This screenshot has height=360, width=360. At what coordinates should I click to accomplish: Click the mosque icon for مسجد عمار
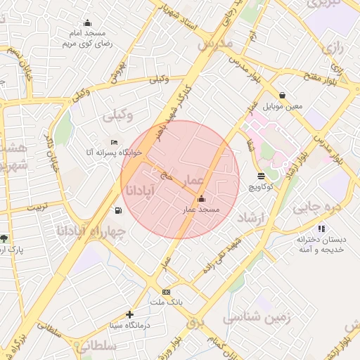(202, 199)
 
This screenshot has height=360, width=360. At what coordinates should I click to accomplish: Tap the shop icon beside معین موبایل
(282, 95)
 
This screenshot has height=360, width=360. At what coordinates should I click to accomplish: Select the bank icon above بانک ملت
(166, 292)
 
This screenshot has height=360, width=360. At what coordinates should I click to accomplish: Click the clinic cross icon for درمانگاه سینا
(129, 314)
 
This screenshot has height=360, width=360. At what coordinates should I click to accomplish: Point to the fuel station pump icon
(117, 210)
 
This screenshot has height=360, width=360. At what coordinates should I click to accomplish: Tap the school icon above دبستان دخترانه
(321, 229)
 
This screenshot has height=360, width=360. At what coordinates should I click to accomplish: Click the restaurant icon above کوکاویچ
(262, 176)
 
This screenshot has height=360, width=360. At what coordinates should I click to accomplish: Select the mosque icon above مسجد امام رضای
(87, 22)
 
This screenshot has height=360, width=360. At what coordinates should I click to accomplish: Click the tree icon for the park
(5, 238)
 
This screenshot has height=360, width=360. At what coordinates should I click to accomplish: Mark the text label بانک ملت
(166, 302)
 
